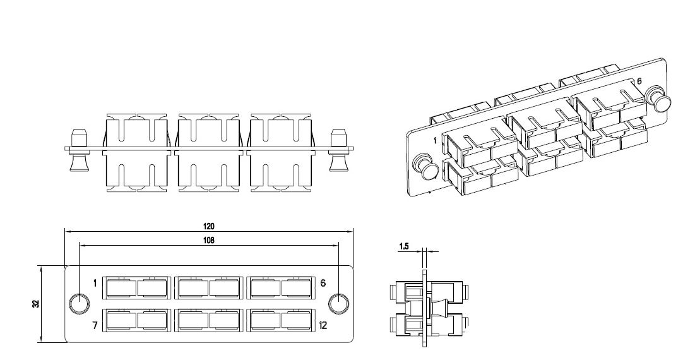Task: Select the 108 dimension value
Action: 208,240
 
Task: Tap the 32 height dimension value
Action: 36,304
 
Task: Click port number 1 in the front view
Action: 95,283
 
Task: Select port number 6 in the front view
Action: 323,283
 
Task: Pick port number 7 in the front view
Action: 95,326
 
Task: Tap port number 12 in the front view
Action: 323,326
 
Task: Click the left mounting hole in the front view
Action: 78,304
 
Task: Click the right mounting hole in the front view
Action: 340,304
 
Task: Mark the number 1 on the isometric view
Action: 435,140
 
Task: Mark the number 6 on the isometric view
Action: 639,82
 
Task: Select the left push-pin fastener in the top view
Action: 78,151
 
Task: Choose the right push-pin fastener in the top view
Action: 339,151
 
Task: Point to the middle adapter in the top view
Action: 208,151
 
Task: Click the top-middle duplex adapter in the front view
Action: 209,288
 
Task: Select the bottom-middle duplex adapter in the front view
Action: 209,321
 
